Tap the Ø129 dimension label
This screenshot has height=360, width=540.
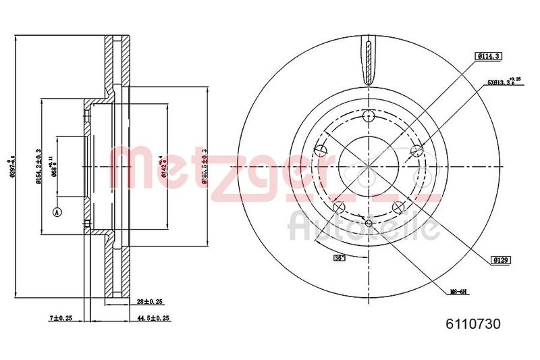point(500,259)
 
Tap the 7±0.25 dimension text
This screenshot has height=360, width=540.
point(61,317)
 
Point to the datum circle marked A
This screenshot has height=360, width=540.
point(57,212)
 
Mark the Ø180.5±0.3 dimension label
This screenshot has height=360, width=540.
point(204,164)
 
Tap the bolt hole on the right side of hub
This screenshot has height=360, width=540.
point(416,150)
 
